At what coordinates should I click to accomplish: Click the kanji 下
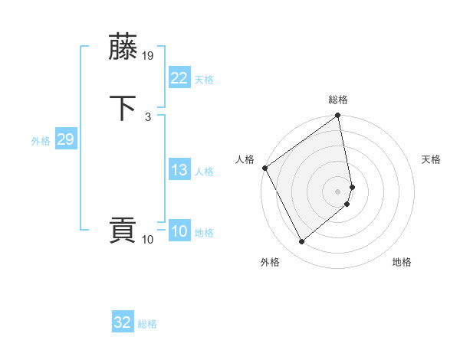(x=123, y=108)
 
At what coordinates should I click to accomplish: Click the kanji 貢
(x=123, y=231)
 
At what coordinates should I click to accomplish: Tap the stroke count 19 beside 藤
(x=149, y=56)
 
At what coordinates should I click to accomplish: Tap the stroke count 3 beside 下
(x=147, y=117)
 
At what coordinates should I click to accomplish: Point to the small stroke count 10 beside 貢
(x=147, y=240)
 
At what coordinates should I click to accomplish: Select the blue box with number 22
(x=179, y=78)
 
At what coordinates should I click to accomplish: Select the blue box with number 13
(x=179, y=170)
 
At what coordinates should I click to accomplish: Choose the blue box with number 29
(x=65, y=139)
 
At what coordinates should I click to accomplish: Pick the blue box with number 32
(x=123, y=322)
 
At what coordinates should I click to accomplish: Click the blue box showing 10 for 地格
(x=179, y=231)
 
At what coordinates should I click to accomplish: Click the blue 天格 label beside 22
(x=204, y=80)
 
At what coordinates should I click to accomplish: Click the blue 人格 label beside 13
(x=204, y=172)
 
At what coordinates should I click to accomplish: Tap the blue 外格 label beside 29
(x=41, y=141)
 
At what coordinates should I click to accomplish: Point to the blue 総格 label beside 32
(x=147, y=324)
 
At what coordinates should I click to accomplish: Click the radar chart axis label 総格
(x=338, y=100)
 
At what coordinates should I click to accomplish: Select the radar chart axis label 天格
(x=431, y=159)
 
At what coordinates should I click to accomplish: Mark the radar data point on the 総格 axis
(x=338, y=116)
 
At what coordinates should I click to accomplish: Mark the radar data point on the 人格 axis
(x=264, y=168)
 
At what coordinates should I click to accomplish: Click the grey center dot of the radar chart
(x=338, y=191)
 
